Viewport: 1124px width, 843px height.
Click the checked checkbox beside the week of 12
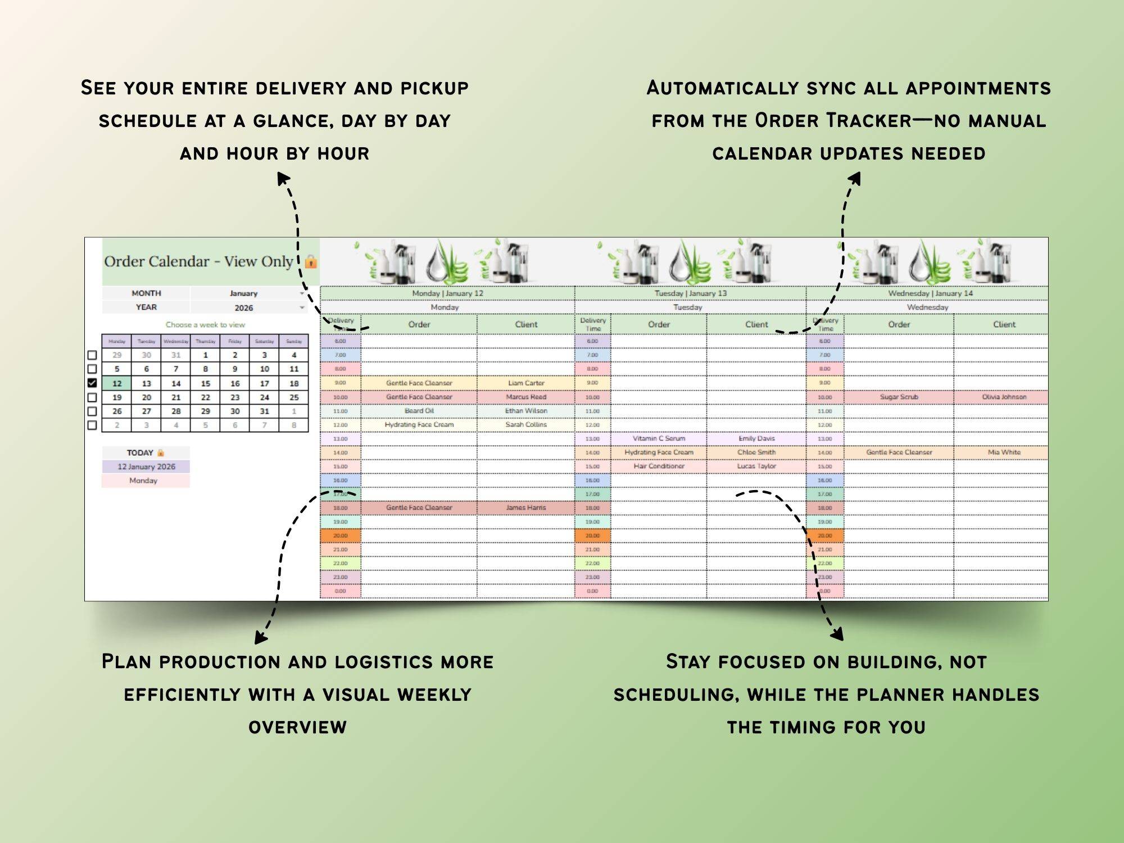92,383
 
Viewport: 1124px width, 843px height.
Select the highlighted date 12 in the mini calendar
117,383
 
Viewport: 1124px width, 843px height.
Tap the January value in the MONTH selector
243,293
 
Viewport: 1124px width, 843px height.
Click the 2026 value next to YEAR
243,308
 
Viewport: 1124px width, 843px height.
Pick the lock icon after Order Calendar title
311,262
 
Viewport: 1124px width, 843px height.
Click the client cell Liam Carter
526,383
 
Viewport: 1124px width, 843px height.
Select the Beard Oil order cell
419,411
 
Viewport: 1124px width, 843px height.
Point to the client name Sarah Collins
526,425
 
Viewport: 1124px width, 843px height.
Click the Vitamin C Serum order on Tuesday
659,438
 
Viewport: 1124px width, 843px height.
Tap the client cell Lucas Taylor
756,466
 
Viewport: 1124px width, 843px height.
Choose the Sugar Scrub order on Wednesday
899,397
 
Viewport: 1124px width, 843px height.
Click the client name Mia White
1004,452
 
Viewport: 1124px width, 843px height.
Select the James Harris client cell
526,507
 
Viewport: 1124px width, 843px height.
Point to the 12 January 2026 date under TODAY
146,466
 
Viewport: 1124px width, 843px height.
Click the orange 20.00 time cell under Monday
341,536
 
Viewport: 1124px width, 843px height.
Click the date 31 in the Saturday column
264,411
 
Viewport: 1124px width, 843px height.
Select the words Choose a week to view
205,325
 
